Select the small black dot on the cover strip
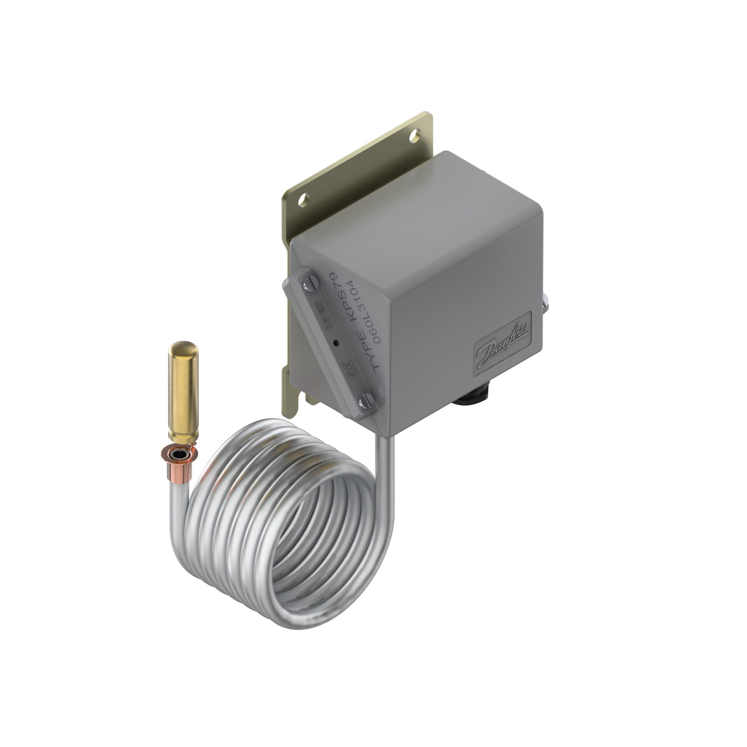coord(336,342)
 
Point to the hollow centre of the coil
coord(309,530)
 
